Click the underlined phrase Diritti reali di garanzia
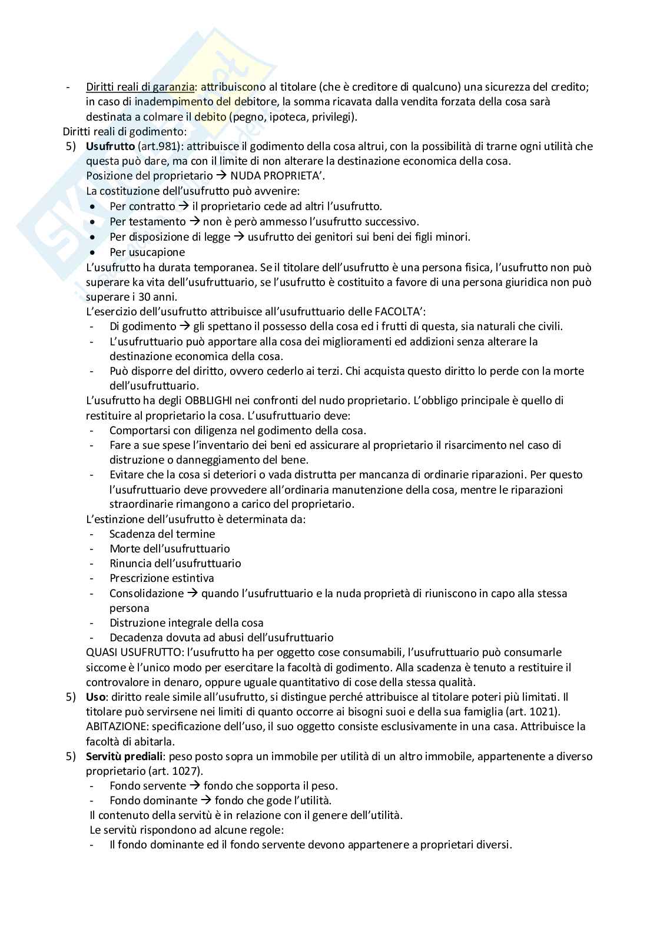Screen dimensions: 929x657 coord(140,87)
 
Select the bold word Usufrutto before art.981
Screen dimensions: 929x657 coord(110,146)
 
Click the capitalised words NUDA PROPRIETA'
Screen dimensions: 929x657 coord(277,176)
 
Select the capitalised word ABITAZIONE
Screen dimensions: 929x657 coord(115,727)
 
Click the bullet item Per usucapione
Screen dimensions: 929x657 coord(147,252)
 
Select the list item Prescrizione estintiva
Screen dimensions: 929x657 coord(162,578)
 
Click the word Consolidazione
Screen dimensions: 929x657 coord(147,593)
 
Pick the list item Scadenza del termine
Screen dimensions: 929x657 coord(162,534)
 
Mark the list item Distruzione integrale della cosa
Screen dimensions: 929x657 coord(186,622)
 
